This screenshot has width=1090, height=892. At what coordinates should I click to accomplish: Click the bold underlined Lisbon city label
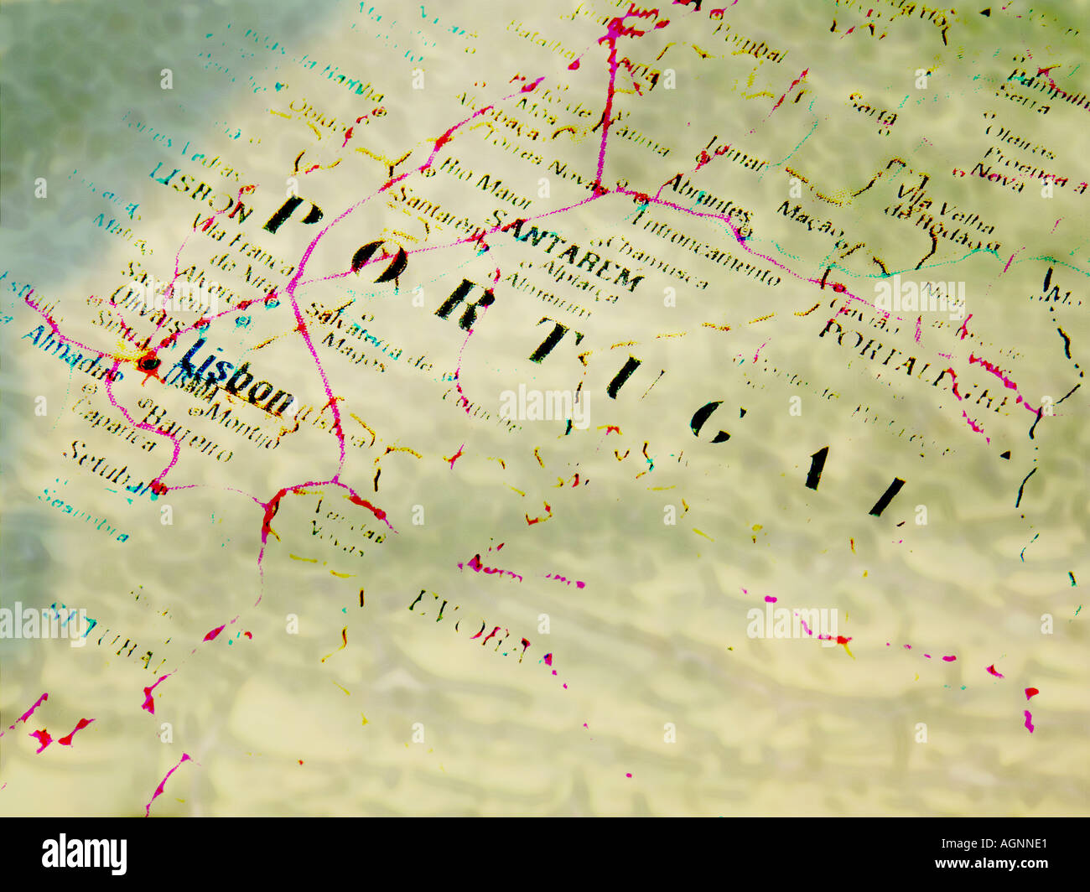click(x=237, y=381)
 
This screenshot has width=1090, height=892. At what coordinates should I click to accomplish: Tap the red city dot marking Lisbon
click(x=148, y=363)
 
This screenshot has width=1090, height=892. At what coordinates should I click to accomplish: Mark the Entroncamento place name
click(x=708, y=247)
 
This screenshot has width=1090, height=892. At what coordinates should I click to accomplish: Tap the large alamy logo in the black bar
click(x=85, y=854)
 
